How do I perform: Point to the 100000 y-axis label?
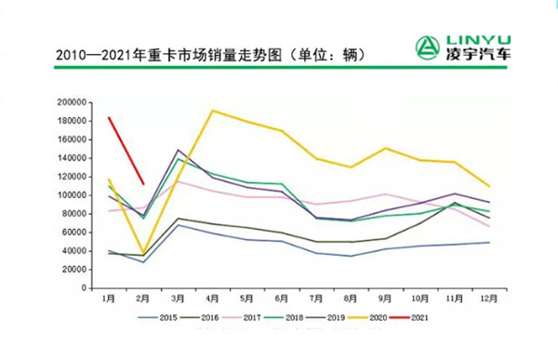point(73,195)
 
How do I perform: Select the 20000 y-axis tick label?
point(74,270)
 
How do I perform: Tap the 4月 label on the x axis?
point(213,300)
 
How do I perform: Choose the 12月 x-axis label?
point(486,300)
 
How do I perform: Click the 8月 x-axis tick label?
point(350,300)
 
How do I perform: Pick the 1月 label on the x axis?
point(110,300)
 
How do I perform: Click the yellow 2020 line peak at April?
point(213,111)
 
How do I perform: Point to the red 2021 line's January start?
point(109,118)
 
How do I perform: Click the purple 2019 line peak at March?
point(178,150)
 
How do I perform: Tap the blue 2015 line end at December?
point(487,242)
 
